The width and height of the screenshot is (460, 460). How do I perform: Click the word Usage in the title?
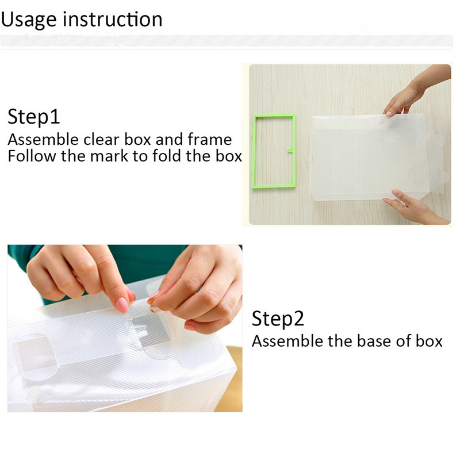(29, 20)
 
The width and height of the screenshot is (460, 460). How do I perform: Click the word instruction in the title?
(113, 19)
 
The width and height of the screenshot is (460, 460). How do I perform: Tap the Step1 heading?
(34, 117)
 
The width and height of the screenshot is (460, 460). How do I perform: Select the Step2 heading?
(278, 319)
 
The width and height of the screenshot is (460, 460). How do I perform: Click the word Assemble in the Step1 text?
(43, 139)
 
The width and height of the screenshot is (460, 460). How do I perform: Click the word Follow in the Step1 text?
(32, 156)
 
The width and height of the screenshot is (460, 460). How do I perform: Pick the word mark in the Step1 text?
(109, 156)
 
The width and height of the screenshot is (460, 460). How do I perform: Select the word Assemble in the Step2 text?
(287, 341)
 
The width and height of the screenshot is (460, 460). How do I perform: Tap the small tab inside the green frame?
(290, 151)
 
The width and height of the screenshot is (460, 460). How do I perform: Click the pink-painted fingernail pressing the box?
(122, 305)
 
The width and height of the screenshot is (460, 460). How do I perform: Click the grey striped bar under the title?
(227, 41)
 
